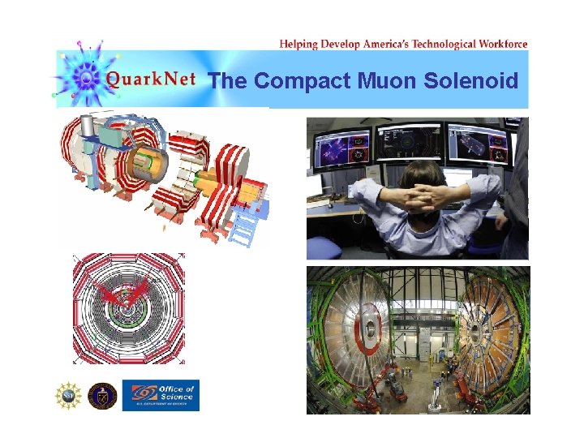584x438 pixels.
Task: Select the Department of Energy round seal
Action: pos(102,395)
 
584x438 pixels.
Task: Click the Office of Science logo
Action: pos(160,395)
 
